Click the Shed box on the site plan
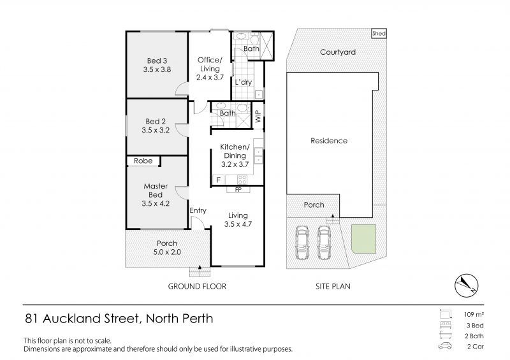379,34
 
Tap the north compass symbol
466,285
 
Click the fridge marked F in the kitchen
219,180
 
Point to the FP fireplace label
238,189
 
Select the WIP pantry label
259,117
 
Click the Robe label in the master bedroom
143,161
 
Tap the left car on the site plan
302,243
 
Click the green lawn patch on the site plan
364,239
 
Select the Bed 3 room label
157,61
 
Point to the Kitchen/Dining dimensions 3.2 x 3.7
235,164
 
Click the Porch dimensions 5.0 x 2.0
167,252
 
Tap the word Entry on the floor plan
198,211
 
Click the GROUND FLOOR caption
197,287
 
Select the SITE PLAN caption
333,287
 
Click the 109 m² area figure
474,315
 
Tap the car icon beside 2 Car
445,346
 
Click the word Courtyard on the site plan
338,52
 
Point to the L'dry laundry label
244,82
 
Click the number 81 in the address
31,319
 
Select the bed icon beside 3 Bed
445,325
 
